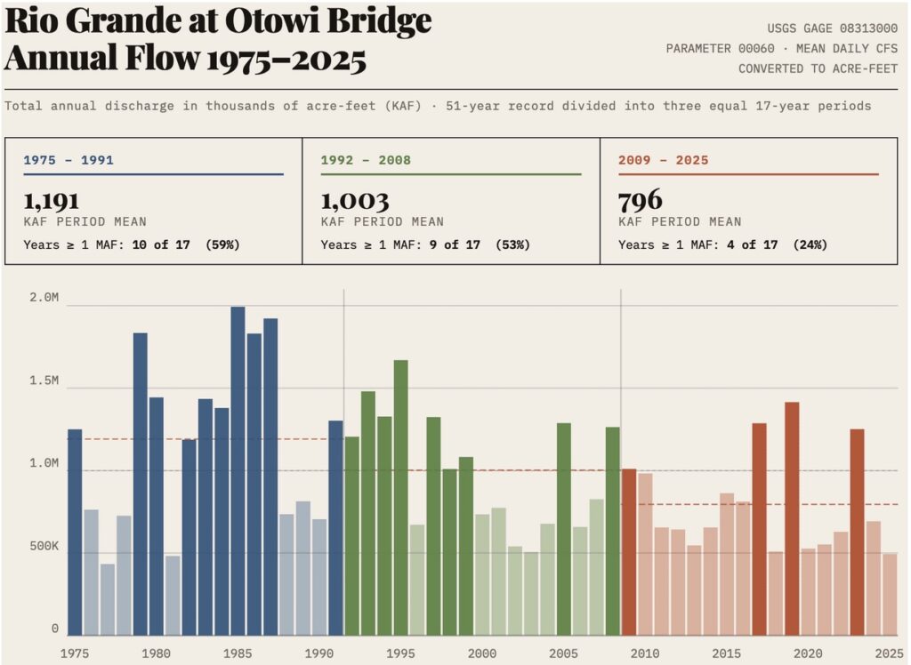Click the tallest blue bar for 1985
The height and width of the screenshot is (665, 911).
[238, 471]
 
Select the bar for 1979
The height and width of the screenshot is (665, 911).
[140, 485]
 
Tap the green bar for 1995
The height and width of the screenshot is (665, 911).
[400, 498]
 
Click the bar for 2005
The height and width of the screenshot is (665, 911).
[563, 529]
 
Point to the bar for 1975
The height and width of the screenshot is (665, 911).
[75, 533]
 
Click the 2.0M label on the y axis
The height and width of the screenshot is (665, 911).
[44, 299]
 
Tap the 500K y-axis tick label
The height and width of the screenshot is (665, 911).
[44, 546]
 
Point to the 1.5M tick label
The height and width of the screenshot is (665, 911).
[44, 381]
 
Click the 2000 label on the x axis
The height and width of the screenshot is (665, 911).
[481, 653]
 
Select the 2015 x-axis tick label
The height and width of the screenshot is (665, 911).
[726, 653]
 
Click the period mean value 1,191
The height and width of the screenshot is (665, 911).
[51, 200]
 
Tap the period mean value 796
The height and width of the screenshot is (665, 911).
[641, 200]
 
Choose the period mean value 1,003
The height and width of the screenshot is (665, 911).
[354, 200]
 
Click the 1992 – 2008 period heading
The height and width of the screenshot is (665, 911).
[366, 161]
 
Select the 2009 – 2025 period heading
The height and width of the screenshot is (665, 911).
[663, 161]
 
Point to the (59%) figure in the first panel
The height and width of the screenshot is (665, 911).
[222, 244]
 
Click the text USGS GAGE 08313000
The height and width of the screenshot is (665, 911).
[832, 28]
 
